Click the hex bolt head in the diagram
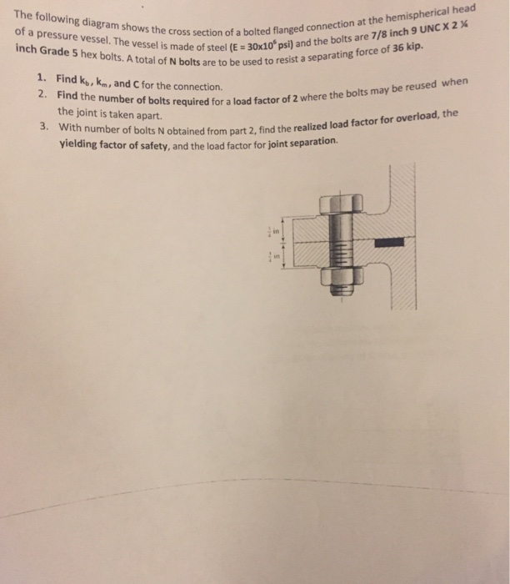341,203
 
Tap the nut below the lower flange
339,277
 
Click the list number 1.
42,77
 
